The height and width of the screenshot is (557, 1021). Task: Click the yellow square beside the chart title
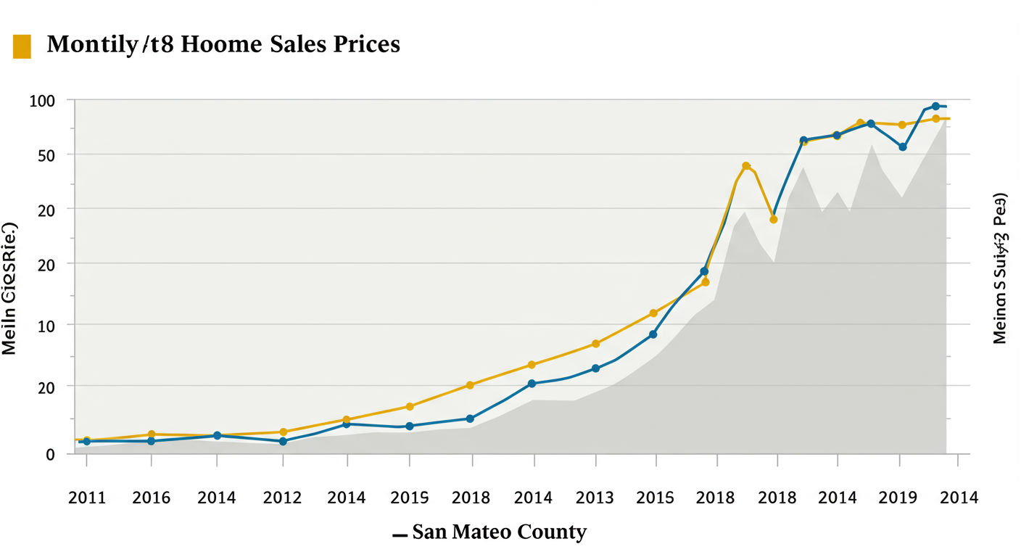[x=22, y=46]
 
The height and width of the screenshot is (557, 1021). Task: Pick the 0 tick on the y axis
[x=50, y=455]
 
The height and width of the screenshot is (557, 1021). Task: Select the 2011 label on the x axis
[x=86, y=498]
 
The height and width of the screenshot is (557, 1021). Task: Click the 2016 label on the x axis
[x=152, y=498]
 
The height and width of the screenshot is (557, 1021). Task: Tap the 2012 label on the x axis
[x=282, y=498]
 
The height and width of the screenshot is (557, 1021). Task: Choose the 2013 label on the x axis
[x=595, y=498]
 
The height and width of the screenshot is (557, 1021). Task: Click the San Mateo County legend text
[x=499, y=532]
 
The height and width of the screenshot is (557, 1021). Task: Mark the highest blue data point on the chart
[x=935, y=107]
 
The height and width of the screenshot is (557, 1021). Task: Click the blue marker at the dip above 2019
[x=903, y=147]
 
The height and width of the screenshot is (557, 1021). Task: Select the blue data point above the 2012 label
[x=284, y=441]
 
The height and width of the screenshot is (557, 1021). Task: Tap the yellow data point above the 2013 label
[x=596, y=344]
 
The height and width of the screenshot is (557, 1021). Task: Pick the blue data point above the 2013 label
[x=596, y=368]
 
